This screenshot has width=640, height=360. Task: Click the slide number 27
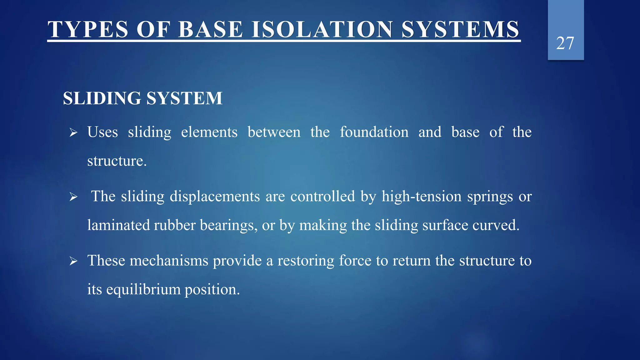point(565,43)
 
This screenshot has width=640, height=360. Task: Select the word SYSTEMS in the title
point(460,29)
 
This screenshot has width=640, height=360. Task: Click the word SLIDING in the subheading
point(102,98)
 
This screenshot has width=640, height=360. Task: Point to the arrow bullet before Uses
point(73,132)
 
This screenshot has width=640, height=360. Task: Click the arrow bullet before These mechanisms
point(73,261)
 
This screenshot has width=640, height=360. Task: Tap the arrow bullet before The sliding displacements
point(73,197)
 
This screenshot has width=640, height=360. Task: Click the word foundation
point(374,132)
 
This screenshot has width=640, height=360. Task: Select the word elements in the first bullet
point(209,132)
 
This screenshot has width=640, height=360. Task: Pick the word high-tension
point(422,197)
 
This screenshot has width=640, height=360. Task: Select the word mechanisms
point(169,261)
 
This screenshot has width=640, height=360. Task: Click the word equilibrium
point(143,290)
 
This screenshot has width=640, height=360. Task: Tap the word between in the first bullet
point(274,132)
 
